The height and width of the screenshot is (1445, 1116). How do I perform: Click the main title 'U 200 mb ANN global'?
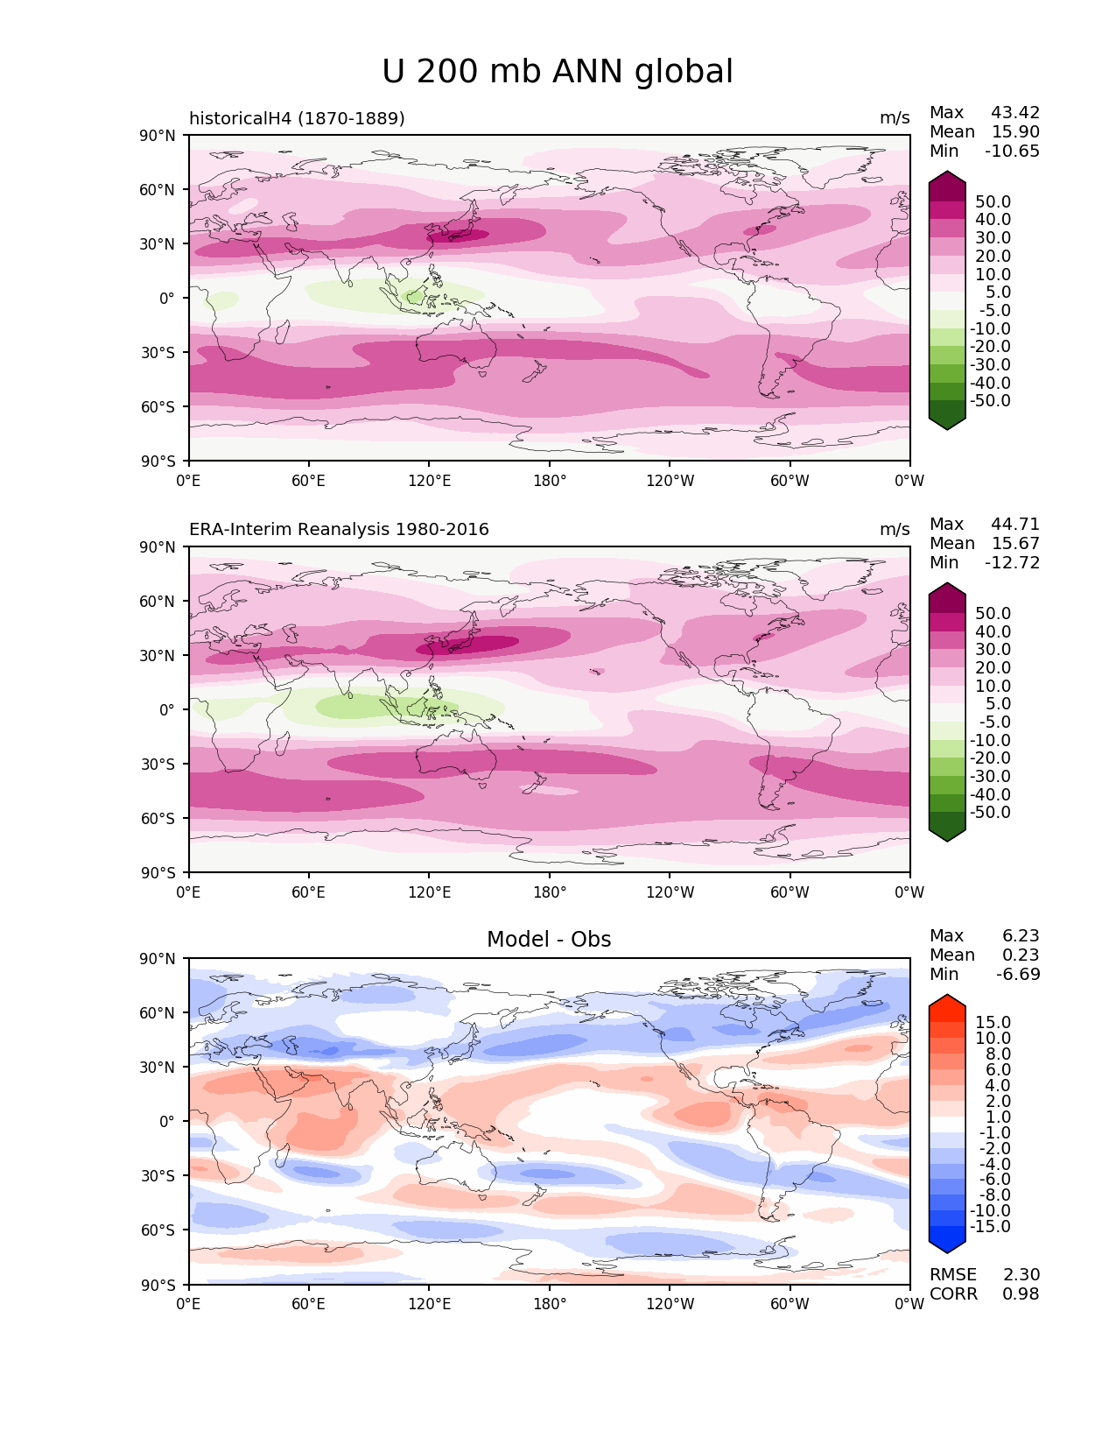[557, 72]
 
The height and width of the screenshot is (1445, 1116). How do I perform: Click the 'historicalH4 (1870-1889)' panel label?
[297, 118]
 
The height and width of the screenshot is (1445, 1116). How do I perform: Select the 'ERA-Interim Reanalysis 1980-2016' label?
[339, 529]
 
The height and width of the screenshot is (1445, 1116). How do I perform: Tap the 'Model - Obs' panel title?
[548, 939]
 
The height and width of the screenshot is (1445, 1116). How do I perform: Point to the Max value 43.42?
[1015, 112]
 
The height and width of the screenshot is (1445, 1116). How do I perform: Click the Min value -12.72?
[1012, 562]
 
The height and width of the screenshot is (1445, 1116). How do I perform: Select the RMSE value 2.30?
[1021, 1274]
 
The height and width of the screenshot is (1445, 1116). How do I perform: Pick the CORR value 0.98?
[1021, 1293]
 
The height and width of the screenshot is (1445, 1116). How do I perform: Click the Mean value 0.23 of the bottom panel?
[1021, 955]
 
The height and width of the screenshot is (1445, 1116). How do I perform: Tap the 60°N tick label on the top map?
[157, 190]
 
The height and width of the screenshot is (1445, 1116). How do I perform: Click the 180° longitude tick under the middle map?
[550, 892]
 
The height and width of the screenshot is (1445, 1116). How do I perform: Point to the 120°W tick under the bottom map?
[670, 1303]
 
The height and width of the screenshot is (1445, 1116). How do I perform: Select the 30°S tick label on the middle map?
[158, 764]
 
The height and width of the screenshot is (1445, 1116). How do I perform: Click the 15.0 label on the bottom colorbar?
[993, 1022]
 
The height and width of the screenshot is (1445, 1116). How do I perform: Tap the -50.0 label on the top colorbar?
[990, 400]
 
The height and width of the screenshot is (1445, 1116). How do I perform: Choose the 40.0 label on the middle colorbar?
[993, 631]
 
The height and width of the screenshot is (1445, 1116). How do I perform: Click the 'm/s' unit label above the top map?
[895, 118]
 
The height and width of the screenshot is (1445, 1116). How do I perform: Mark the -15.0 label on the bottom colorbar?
[990, 1226]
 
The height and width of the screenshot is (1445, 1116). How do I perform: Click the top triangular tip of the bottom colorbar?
[946, 995]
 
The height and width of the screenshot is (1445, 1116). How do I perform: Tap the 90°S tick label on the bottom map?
[158, 1284]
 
